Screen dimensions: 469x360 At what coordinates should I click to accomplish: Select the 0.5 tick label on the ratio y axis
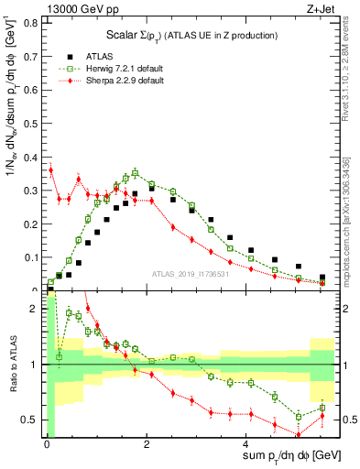(33, 420)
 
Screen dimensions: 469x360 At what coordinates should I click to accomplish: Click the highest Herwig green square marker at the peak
(135, 172)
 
